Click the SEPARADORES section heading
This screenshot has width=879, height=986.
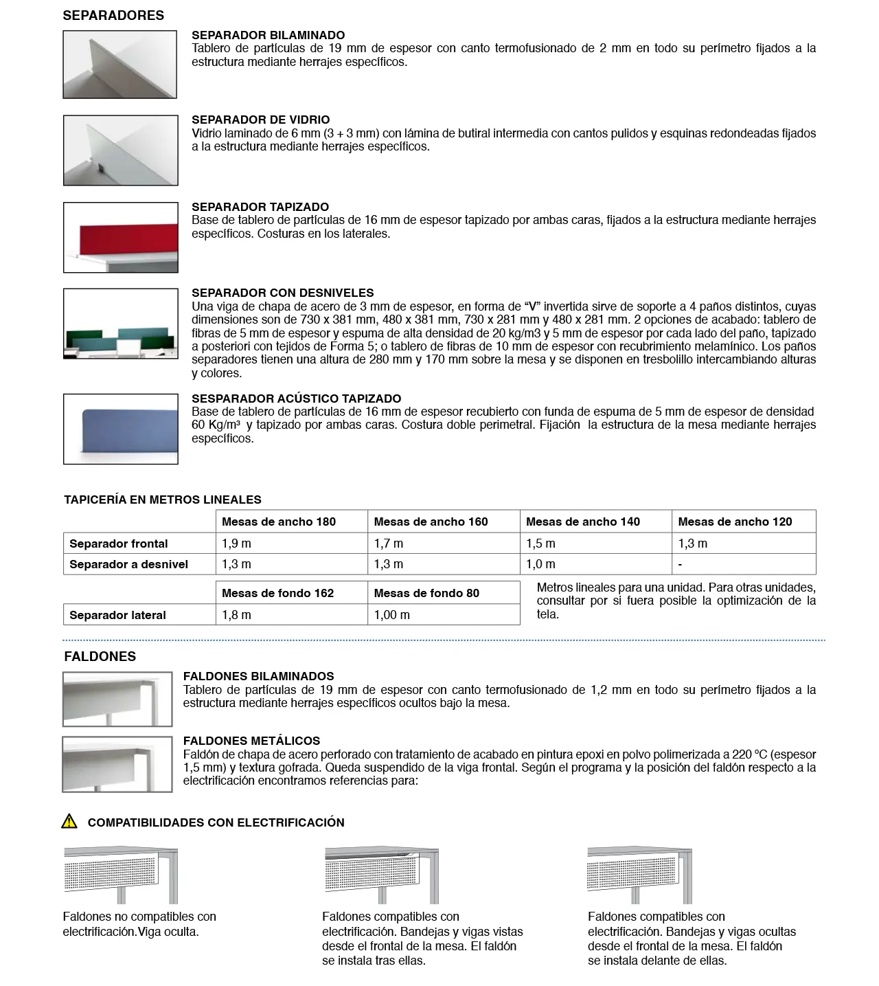pyautogui.click(x=113, y=15)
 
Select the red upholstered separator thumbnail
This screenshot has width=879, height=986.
pyautogui.click(x=120, y=238)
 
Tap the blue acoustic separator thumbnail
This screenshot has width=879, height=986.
pyautogui.click(x=120, y=429)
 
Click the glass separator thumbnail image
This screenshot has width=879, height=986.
pyautogui.click(x=120, y=150)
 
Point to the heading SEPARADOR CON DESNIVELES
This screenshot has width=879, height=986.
pyautogui.click(x=282, y=293)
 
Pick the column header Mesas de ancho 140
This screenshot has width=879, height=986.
pyautogui.click(x=582, y=522)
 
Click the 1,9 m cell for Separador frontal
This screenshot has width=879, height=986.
pyautogui.click(x=237, y=544)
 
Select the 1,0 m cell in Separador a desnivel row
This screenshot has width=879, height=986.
pyautogui.click(x=540, y=564)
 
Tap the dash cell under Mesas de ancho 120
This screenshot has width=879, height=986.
pyautogui.click(x=680, y=564)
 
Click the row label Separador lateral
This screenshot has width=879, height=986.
pyautogui.click(x=117, y=615)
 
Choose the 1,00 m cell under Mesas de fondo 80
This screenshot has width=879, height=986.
pyautogui.click(x=391, y=615)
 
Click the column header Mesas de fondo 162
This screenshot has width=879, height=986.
pyautogui.click(x=277, y=593)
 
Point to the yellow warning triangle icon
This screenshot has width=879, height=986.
pyautogui.click(x=69, y=821)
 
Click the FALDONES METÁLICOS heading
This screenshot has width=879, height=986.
pyautogui.click(x=251, y=741)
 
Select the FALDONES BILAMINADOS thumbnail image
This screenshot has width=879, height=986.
pyautogui.click(x=117, y=699)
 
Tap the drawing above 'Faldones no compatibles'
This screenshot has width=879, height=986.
pyautogui.click(x=120, y=874)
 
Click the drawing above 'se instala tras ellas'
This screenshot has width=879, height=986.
pyautogui.click(x=381, y=875)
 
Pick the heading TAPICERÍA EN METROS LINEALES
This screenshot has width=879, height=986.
pyautogui.click(x=163, y=500)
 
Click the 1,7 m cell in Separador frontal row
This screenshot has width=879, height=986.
pyautogui.click(x=389, y=544)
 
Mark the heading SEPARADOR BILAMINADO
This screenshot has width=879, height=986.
pyautogui.click(x=268, y=35)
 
